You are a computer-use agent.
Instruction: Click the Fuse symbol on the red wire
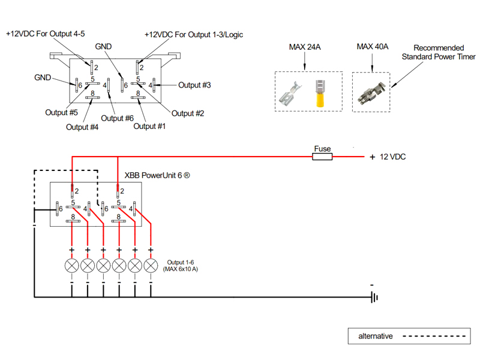click(x=322, y=157)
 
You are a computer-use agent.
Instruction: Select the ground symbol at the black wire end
click(x=374, y=297)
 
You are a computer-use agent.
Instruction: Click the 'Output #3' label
click(x=194, y=85)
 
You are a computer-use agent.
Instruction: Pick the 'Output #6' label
click(x=116, y=118)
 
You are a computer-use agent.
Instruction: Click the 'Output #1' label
click(x=149, y=126)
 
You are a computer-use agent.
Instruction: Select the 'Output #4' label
click(x=82, y=127)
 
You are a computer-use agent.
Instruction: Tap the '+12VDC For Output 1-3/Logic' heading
click(x=193, y=35)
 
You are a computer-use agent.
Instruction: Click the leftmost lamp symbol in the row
click(x=72, y=265)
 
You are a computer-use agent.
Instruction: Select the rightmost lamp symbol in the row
click(x=150, y=265)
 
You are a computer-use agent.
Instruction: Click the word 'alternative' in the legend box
click(x=376, y=336)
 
